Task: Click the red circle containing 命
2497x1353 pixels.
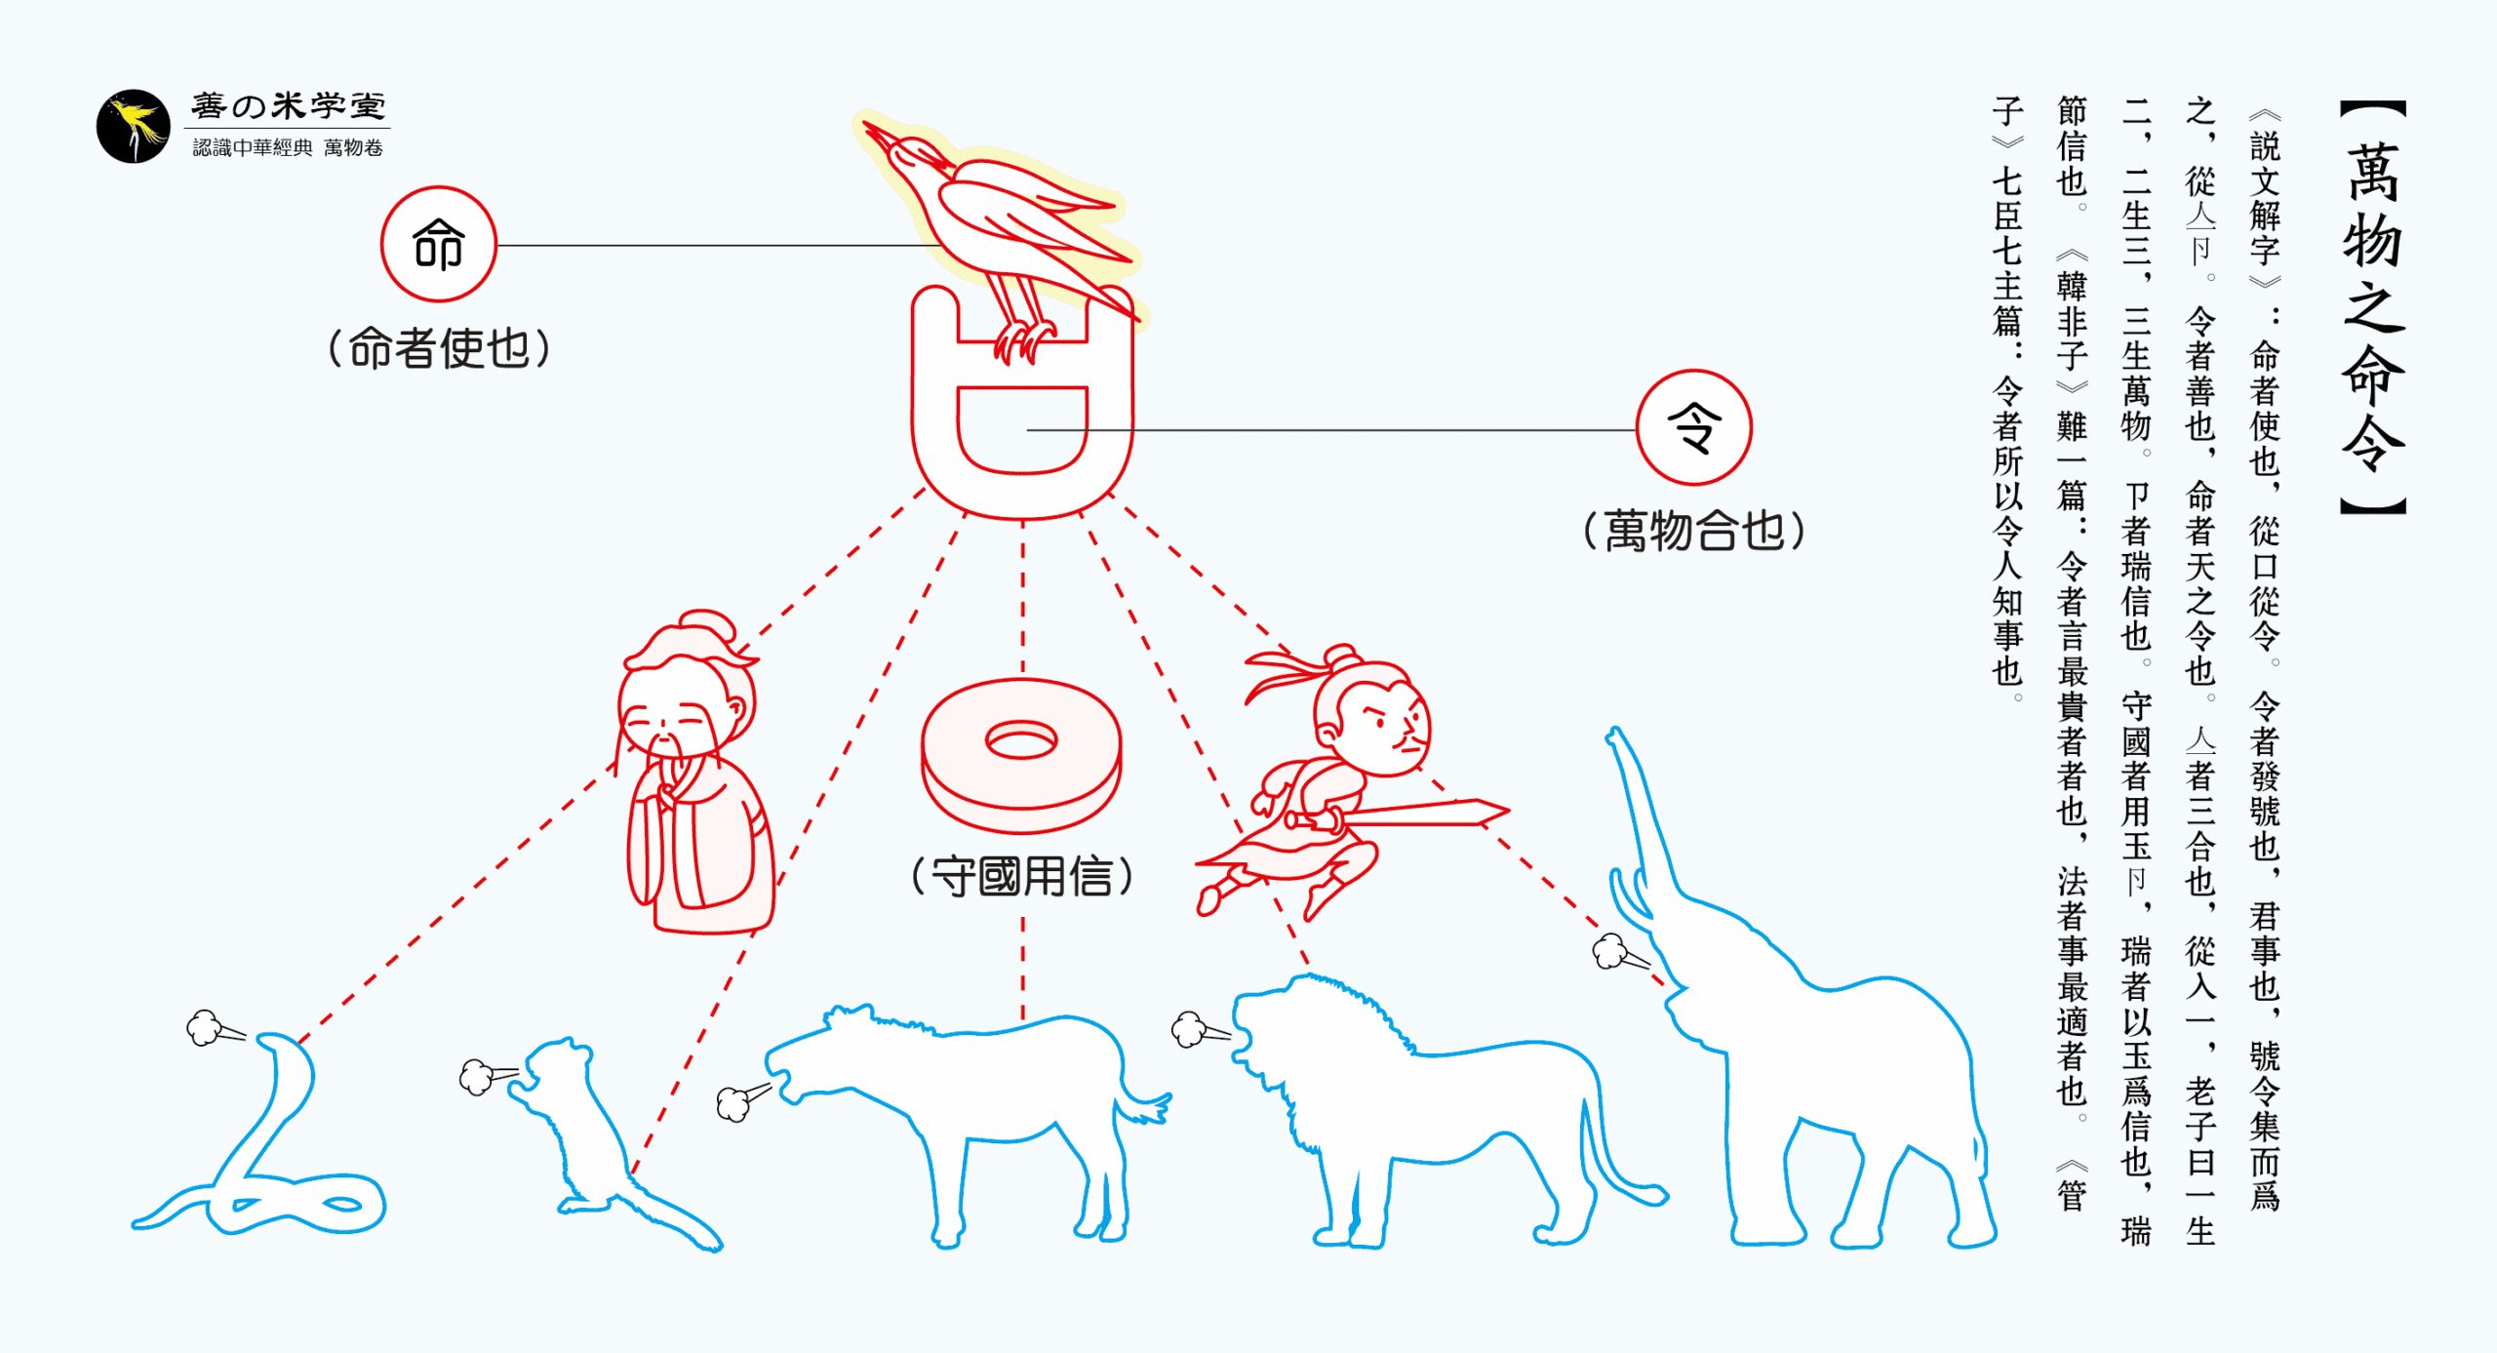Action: (x=438, y=244)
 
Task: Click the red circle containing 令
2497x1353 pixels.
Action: (x=1693, y=427)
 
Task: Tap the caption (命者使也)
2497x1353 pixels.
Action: (x=439, y=348)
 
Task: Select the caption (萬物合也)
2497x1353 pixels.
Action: (x=1694, y=532)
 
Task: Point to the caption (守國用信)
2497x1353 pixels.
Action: (x=1022, y=876)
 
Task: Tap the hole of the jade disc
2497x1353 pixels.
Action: (x=1021, y=742)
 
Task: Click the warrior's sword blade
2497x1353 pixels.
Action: (x=1424, y=812)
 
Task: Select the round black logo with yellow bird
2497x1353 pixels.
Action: (x=134, y=127)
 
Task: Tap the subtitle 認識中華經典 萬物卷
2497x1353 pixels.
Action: (x=288, y=147)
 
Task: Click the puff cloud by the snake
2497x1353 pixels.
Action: (x=204, y=1027)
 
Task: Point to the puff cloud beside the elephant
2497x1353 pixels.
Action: (x=1609, y=950)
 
